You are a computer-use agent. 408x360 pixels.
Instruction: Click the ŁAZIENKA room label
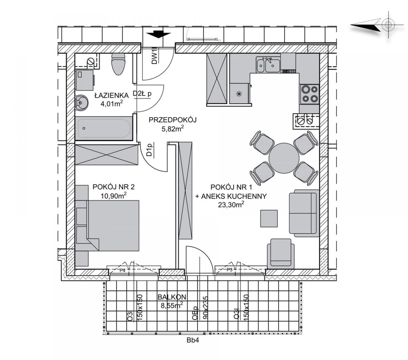pyautogui.click(x=112, y=95)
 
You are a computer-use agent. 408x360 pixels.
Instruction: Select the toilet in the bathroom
pyautogui.click(x=118, y=64)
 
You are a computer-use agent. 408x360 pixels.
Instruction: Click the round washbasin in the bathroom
pyautogui.click(x=81, y=103)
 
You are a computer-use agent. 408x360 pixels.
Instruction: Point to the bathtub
pyautogui.click(x=104, y=128)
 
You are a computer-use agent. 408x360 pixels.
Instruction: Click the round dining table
pyautogui.click(x=284, y=158)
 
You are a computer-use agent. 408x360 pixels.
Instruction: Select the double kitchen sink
pyautogui.click(x=268, y=65)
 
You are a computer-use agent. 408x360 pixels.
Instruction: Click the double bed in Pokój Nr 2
pyautogui.click(x=113, y=226)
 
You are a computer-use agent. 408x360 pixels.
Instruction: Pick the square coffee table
pyautogui.click(x=269, y=218)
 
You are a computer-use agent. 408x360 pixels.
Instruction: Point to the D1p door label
pyautogui.click(x=149, y=149)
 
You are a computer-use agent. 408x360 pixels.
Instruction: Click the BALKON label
pyautogui.click(x=172, y=297)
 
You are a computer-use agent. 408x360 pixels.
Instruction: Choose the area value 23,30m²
pyautogui.click(x=231, y=205)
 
